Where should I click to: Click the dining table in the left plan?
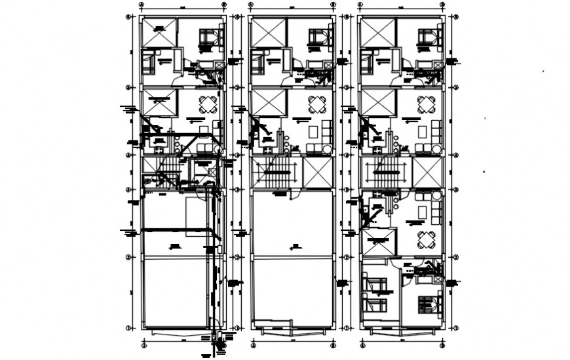pyautogui.click(x=208, y=104)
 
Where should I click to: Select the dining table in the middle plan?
pyautogui.click(x=318, y=104)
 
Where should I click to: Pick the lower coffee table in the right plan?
pyautogui.click(x=425, y=210)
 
